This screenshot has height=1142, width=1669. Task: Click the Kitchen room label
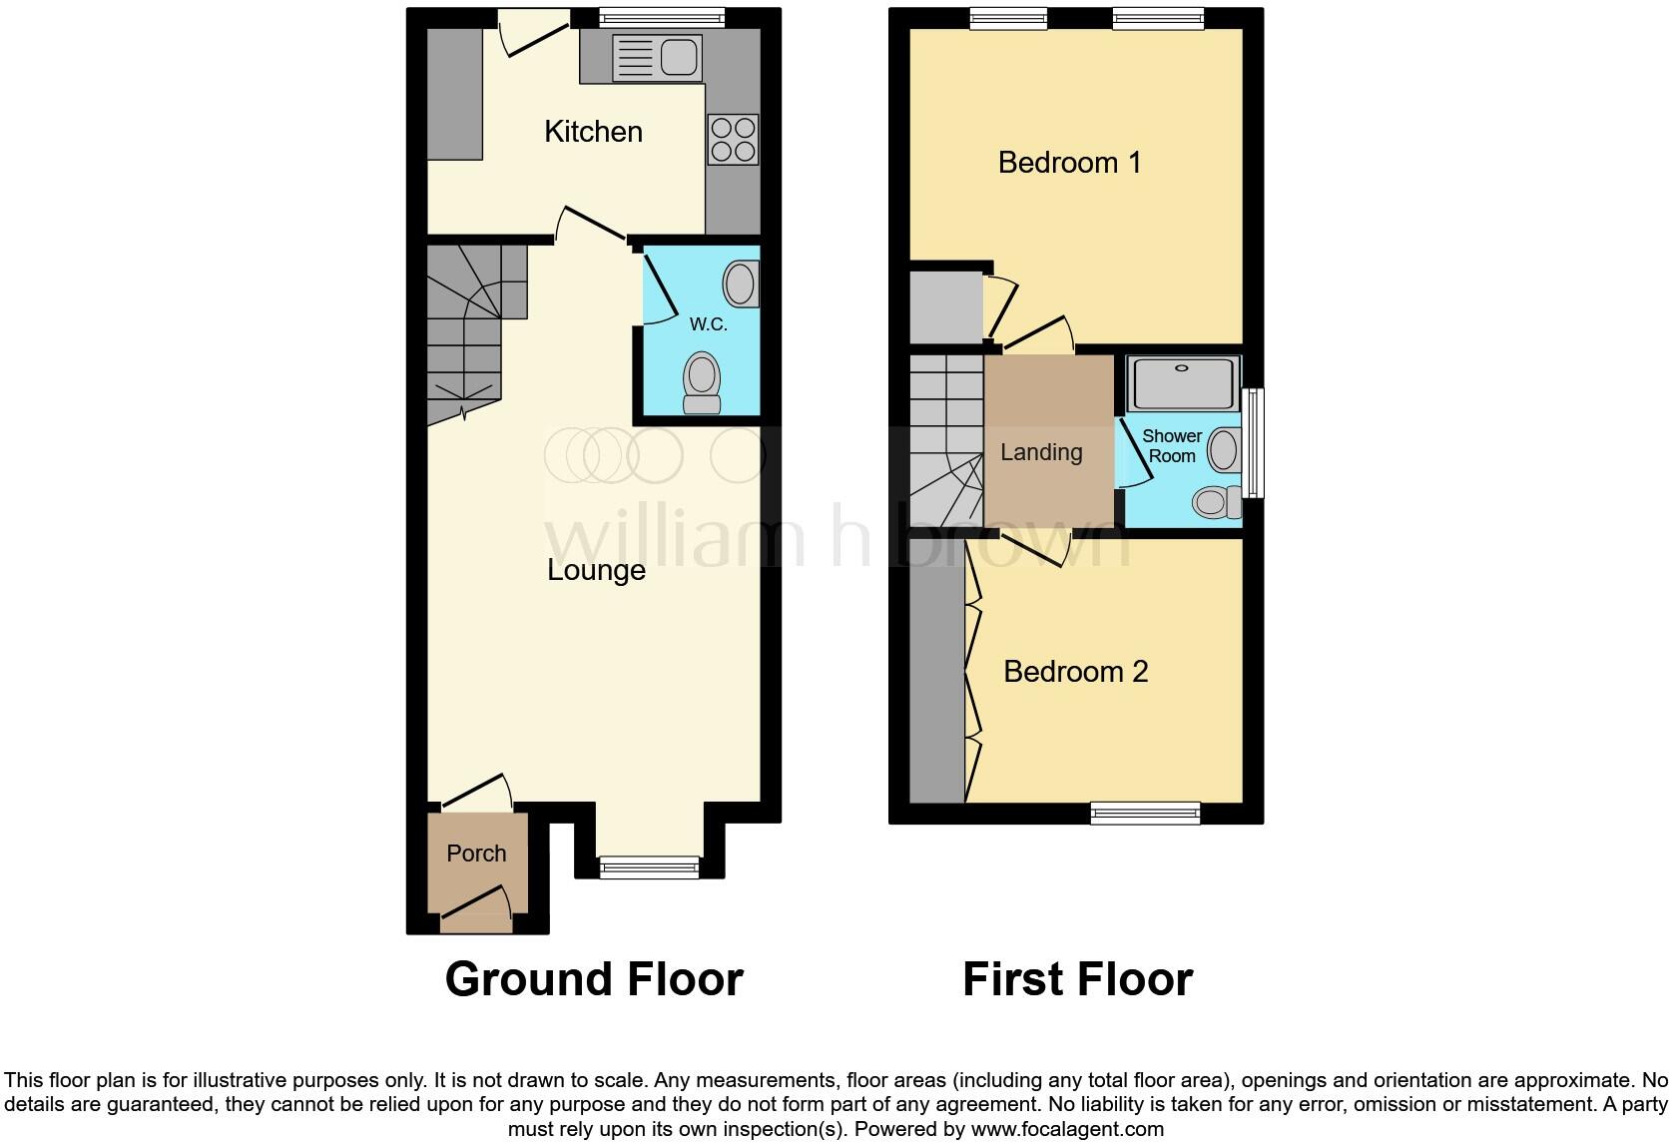point(593,132)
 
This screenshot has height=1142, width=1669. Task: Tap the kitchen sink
point(657,57)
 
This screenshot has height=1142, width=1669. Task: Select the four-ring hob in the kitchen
point(733,139)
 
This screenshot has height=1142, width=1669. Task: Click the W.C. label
point(708,324)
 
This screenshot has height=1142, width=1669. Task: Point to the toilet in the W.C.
point(702,383)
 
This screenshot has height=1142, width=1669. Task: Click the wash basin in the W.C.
point(741,284)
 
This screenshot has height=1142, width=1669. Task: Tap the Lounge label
point(596,570)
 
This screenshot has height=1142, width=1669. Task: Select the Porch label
point(476,854)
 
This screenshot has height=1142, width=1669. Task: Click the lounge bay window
point(649,867)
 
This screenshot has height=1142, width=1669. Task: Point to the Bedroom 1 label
point(1069,162)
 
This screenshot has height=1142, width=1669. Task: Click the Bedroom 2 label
point(1075,671)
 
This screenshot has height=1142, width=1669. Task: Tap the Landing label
point(1041,452)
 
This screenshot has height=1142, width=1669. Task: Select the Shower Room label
point(1172,446)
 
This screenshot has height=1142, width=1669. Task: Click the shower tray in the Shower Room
point(1183,383)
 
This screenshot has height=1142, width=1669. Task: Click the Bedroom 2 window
point(1145,813)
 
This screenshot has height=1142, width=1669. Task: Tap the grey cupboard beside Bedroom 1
point(945,306)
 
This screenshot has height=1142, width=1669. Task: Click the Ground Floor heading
point(594,979)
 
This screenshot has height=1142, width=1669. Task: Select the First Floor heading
point(1077,979)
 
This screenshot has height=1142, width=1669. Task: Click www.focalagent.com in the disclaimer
point(1067,1130)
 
